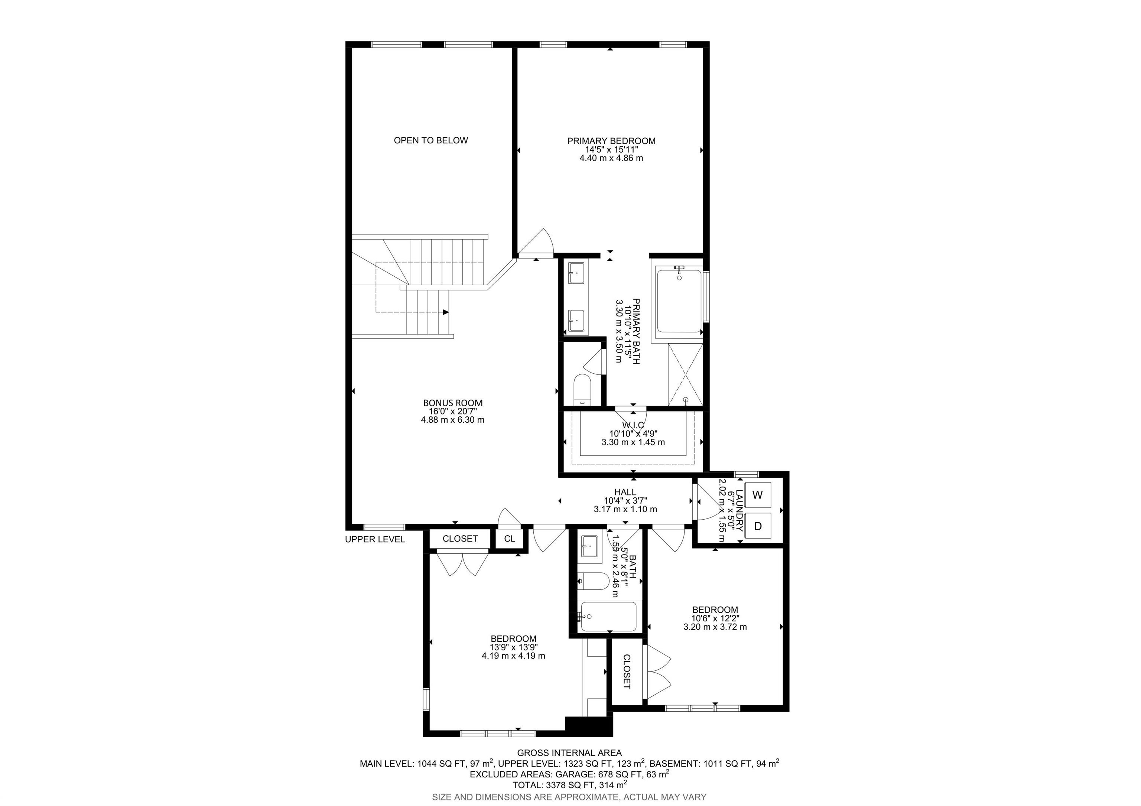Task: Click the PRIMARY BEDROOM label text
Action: (x=611, y=141)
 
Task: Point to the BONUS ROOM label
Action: (x=453, y=403)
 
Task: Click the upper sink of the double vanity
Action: (x=577, y=273)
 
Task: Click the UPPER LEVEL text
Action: (x=375, y=540)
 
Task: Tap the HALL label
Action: (x=625, y=492)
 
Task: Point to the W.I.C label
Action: (x=633, y=425)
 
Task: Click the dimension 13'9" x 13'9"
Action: (x=513, y=647)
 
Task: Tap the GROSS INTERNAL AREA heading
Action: (x=569, y=753)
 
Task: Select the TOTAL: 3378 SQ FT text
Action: (x=569, y=785)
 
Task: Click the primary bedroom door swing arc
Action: (x=539, y=244)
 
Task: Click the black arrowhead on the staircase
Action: (x=446, y=312)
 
